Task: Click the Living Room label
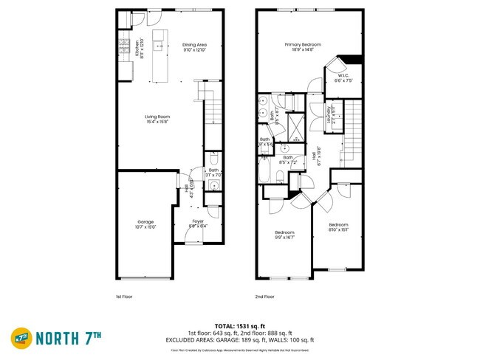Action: click(157, 117)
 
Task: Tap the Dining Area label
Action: click(194, 46)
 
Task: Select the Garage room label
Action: click(145, 222)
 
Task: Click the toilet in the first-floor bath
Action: click(213, 159)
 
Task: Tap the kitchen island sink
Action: click(157, 46)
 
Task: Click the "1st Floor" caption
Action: click(123, 297)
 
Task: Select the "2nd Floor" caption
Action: click(264, 297)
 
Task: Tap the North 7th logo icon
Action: click(21, 338)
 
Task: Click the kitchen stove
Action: click(122, 49)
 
